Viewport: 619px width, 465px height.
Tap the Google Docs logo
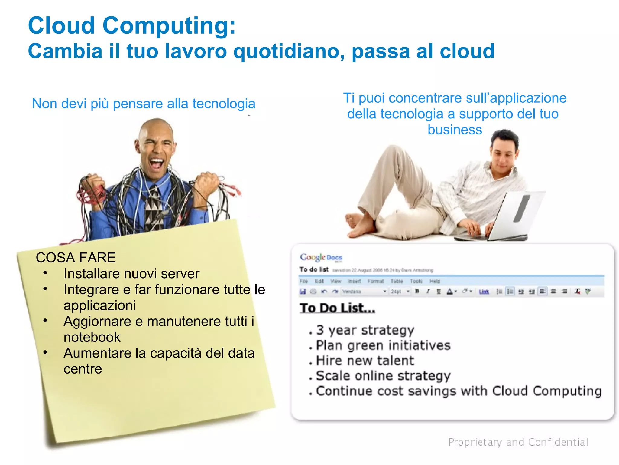pos(321,258)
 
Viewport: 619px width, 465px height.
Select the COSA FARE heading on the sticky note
pos(76,258)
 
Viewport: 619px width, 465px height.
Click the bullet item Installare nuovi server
pos(131,274)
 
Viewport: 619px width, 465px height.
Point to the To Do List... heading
pos(337,308)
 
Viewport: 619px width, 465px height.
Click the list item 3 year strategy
pos(365,330)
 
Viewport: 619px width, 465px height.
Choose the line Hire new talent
pos(365,361)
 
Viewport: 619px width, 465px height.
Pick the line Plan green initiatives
pos(383,345)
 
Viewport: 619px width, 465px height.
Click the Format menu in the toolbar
pos(375,281)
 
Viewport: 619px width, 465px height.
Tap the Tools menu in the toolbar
pos(416,281)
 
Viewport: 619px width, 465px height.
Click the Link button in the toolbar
pos(484,292)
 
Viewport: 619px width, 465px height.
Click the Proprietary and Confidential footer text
pos(518,442)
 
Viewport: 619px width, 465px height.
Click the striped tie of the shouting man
pos(154,209)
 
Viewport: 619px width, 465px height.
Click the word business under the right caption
pos(455,130)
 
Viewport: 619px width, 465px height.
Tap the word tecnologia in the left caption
pos(224,104)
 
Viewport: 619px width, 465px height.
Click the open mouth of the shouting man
pos(157,164)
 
